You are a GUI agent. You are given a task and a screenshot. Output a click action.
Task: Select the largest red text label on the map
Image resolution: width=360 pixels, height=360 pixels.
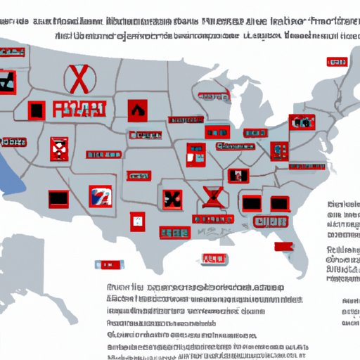[x=79, y=109]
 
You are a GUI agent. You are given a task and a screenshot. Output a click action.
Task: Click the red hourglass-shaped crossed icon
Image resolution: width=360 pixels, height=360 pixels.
[x=210, y=198]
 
